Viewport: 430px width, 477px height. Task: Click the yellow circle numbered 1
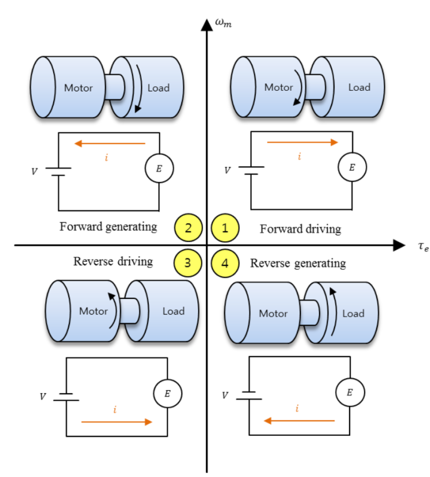(226, 228)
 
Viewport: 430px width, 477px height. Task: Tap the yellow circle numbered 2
(188, 228)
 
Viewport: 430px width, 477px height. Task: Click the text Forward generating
(108, 227)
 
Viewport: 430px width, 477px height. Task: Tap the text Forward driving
(300, 229)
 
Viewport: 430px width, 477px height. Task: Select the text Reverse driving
(113, 261)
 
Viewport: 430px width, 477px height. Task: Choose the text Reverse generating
(297, 264)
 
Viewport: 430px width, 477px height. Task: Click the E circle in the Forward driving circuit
(352, 168)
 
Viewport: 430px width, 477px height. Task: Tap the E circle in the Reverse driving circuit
(167, 394)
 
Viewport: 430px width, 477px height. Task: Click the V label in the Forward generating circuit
(32, 172)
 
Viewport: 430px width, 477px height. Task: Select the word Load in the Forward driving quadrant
(359, 88)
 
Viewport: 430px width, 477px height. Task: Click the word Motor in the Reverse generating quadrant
(273, 313)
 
